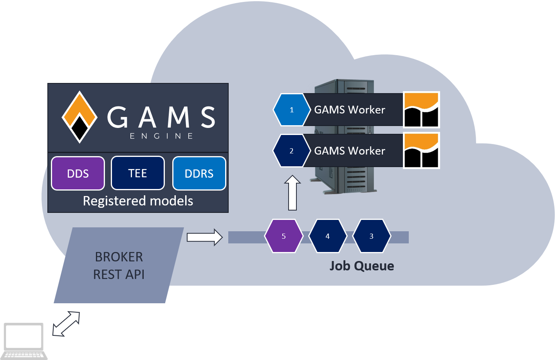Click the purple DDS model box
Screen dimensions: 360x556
pyautogui.click(x=78, y=173)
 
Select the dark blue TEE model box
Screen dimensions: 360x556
pyautogui.click(x=137, y=173)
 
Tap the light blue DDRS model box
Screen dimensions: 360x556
pyautogui.click(x=199, y=173)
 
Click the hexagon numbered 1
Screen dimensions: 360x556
pyautogui.click(x=291, y=110)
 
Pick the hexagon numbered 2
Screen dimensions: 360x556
pyautogui.click(x=291, y=151)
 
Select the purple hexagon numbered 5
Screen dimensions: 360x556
pyautogui.click(x=283, y=236)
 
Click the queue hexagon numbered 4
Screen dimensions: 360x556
pyautogui.click(x=328, y=236)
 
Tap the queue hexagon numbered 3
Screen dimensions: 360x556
pyautogui.click(x=372, y=236)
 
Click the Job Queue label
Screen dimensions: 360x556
pyautogui.click(x=361, y=266)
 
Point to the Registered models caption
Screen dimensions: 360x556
pyautogui.click(x=138, y=201)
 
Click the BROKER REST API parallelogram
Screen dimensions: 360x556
pyautogui.click(x=119, y=265)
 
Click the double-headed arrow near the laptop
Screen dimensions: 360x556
pyautogui.click(x=66, y=324)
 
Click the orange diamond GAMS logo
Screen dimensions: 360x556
pyautogui.click(x=79, y=117)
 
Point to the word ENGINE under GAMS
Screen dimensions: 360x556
pyautogui.click(x=161, y=136)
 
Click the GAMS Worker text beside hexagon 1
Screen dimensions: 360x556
pyautogui.click(x=350, y=110)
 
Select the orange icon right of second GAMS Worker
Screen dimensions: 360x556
pyautogui.click(x=421, y=151)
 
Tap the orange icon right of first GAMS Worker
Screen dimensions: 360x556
pyautogui.click(x=421, y=110)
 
